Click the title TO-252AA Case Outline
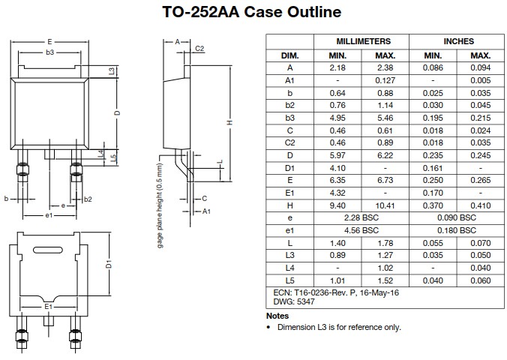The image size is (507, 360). point(252,13)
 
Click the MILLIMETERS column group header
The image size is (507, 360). point(363,41)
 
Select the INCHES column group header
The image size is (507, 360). point(458,41)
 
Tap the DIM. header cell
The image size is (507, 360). point(289,55)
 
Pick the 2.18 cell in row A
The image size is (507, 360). point(338,67)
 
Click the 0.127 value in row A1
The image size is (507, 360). point(385,79)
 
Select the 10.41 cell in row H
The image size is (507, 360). point(385,205)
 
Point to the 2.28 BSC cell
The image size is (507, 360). point(361,217)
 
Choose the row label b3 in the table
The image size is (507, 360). point(289,118)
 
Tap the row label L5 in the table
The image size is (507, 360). point(289,280)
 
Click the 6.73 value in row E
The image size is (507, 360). point(385,180)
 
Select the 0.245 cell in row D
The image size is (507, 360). point(481,155)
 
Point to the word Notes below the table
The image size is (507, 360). point(277,316)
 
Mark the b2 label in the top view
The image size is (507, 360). point(88,199)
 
